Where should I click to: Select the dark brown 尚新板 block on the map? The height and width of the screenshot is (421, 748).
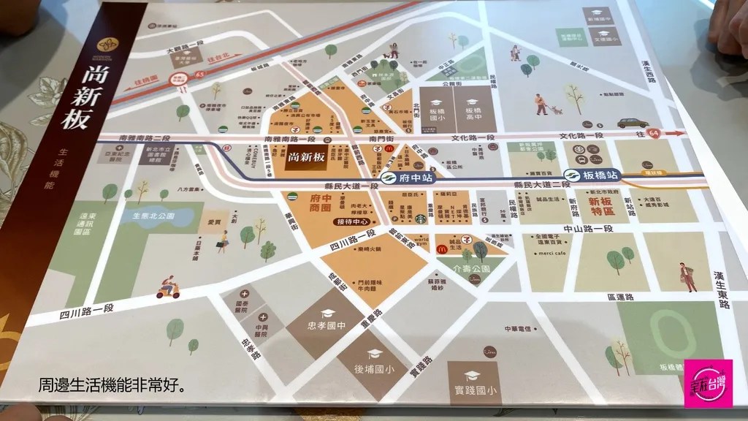306,157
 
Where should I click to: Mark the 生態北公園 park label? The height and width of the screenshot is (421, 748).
152,216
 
